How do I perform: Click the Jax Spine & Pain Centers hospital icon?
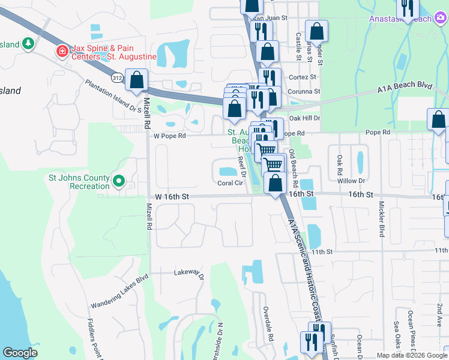61,52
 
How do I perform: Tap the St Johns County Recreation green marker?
119,180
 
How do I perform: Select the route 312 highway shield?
117,77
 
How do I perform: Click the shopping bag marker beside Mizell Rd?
137,80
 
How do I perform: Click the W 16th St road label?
172,196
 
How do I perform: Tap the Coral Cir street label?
230,183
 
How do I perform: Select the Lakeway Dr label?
189,274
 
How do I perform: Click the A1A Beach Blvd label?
405,88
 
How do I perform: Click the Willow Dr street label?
352,181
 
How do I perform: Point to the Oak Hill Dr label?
305,118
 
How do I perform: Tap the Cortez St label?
303,77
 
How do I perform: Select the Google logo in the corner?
20,353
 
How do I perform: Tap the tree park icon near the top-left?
28,44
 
